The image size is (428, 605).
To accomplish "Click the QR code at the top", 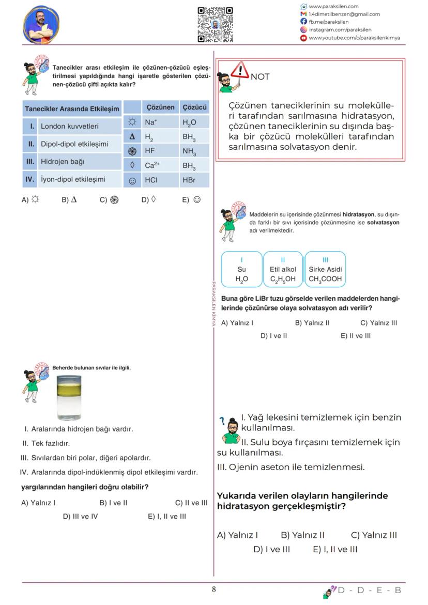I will coord(215,24).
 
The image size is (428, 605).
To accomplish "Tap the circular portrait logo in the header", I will coord(41,24).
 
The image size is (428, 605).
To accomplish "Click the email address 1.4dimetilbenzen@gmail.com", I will coord(344,14).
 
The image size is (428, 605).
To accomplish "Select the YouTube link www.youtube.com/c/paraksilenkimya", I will coord(354,38).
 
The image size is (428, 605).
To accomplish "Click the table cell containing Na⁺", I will coord(160,122).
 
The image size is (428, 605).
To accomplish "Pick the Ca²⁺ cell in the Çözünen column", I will coord(160,166).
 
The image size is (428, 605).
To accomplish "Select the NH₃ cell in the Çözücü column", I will coord(194,151).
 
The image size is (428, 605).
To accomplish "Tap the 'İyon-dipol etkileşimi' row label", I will coord(72,180).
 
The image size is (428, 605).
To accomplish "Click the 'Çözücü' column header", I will coord(194,107).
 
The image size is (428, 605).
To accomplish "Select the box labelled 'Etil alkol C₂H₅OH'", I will coord(283,269).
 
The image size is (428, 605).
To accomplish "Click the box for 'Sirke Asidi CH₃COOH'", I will coord(325,269).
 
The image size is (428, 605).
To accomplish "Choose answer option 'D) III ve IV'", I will coord(80,516).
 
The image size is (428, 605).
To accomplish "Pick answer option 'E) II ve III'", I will coord(355,336).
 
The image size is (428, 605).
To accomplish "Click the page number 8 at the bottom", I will coord(213,590).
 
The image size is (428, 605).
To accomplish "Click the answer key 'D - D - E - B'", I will coord(369,590).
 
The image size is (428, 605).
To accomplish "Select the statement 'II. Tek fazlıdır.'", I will coord(46,443).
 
